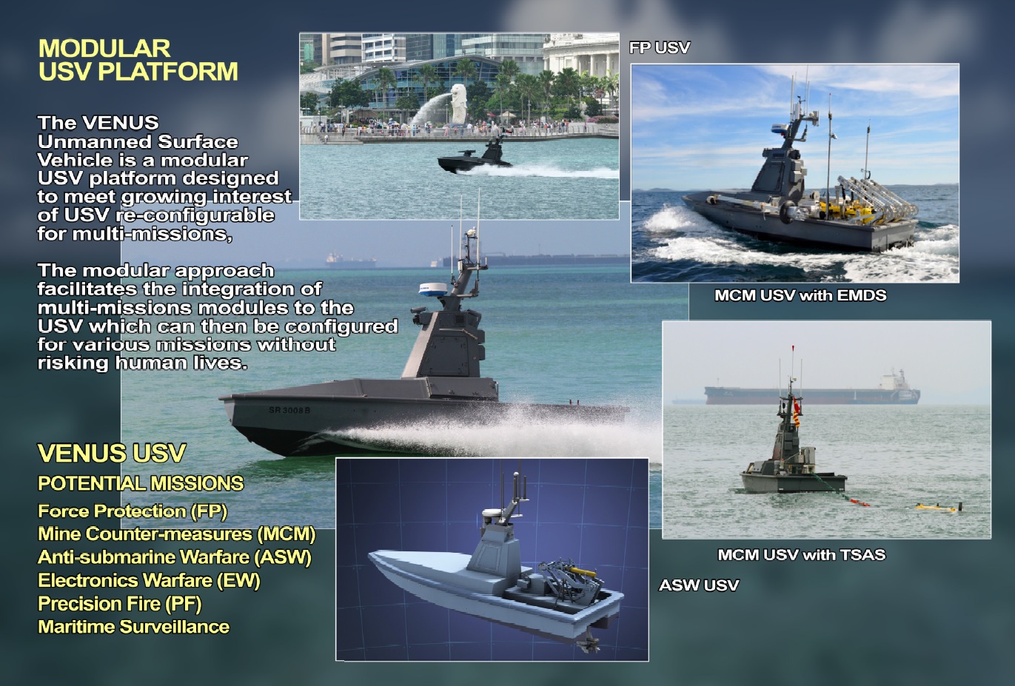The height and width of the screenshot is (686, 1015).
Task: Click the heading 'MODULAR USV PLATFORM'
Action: [x=138, y=60]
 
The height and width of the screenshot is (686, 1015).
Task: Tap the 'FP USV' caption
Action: [x=659, y=48]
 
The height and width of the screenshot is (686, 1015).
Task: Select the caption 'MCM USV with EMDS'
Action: [x=800, y=295]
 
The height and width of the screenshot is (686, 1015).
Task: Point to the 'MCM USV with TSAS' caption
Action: [x=801, y=554]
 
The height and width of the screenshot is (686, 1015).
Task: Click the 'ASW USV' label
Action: [x=698, y=585]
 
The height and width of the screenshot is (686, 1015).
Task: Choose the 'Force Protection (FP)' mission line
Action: [x=133, y=511]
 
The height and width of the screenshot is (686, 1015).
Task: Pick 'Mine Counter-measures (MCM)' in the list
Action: [x=176, y=534]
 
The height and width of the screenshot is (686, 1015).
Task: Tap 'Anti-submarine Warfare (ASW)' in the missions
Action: [x=174, y=557]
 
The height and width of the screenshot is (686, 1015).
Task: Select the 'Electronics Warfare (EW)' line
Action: [x=149, y=581]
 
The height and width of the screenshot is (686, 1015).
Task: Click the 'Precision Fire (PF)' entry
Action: [x=119, y=604]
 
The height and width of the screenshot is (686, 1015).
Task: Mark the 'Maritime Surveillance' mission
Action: [x=133, y=627]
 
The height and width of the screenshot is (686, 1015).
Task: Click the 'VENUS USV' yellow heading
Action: [x=112, y=453]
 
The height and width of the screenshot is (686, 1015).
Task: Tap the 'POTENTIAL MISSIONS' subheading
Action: [x=141, y=484]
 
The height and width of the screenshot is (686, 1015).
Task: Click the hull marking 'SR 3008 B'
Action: [x=289, y=410]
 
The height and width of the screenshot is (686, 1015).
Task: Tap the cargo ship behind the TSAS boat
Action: [x=811, y=393]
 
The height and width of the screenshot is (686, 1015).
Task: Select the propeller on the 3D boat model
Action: [x=589, y=644]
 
